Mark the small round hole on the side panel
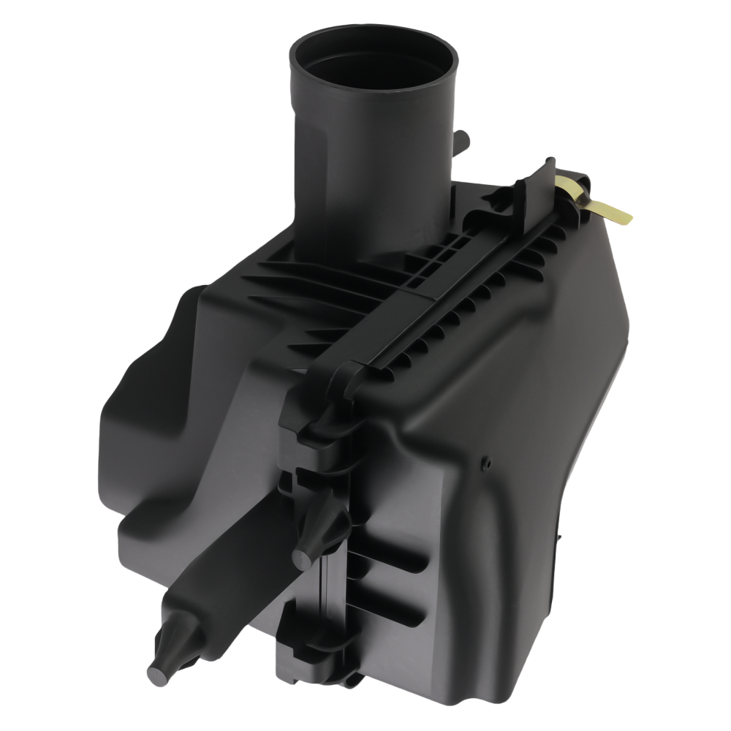coord(486,463)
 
